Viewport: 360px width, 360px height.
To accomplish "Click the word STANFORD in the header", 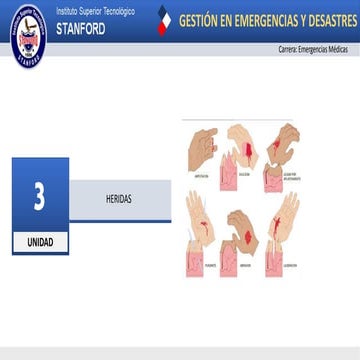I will (x=82, y=29).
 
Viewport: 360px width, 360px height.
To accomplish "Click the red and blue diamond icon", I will (x=166, y=20).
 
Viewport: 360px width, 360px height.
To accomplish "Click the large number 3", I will (x=39, y=196).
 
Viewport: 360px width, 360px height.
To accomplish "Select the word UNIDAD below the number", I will (x=40, y=243).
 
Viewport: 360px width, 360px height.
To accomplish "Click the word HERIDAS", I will (x=118, y=199).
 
